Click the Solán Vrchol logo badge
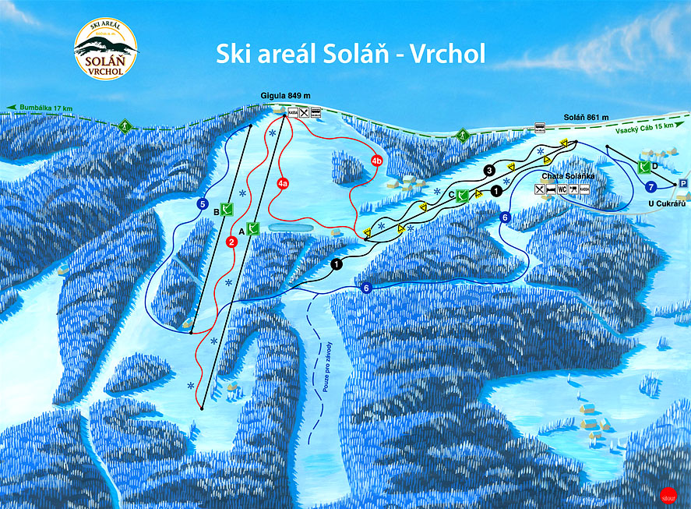105,50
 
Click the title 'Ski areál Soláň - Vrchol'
351,53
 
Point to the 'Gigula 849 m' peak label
281,95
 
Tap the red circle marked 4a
283,183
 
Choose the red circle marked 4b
377,161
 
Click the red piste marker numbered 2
231,242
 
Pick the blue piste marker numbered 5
202,205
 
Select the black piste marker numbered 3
489,170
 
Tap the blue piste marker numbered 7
651,186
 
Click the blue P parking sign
683,182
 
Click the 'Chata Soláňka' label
562,176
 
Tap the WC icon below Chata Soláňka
561,189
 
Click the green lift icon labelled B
227,208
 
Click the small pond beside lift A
290,227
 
